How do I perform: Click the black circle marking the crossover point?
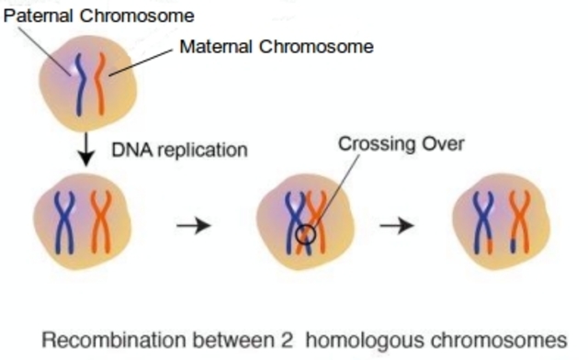click(x=309, y=236)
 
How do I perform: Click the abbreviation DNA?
click(x=127, y=150)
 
